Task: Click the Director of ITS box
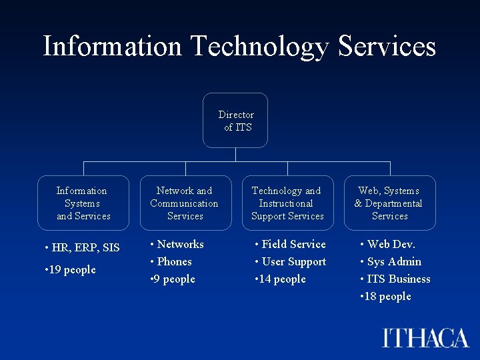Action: pos(235,121)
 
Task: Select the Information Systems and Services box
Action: pos(83,203)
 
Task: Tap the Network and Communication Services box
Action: pos(185,203)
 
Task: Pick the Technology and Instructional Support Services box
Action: pos(287,203)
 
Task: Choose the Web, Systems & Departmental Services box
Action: pos(389,203)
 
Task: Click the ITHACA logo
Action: pos(426,337)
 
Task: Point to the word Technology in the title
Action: pos(259,46)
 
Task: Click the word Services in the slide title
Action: pos(387,46)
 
